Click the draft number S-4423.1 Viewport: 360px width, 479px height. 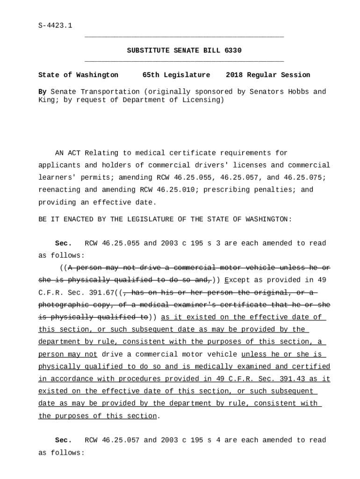[x=55, y=26]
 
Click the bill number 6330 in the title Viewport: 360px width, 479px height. [x=233, y=51]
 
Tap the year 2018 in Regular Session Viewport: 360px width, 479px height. [x=234, y=75]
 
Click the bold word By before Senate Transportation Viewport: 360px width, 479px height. [x=42, y=92]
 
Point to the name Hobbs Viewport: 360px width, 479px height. [x=298, y=92]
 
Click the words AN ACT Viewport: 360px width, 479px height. [x=67, y=153]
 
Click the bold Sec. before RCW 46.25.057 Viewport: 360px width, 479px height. [x=64, y=440]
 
